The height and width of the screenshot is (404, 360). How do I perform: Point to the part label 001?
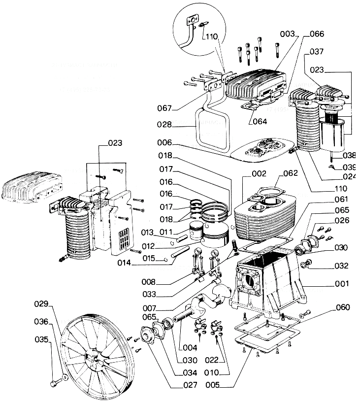point(341,284)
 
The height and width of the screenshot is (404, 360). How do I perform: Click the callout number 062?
point(291,173)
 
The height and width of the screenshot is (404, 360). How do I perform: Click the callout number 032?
point(341,266)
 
